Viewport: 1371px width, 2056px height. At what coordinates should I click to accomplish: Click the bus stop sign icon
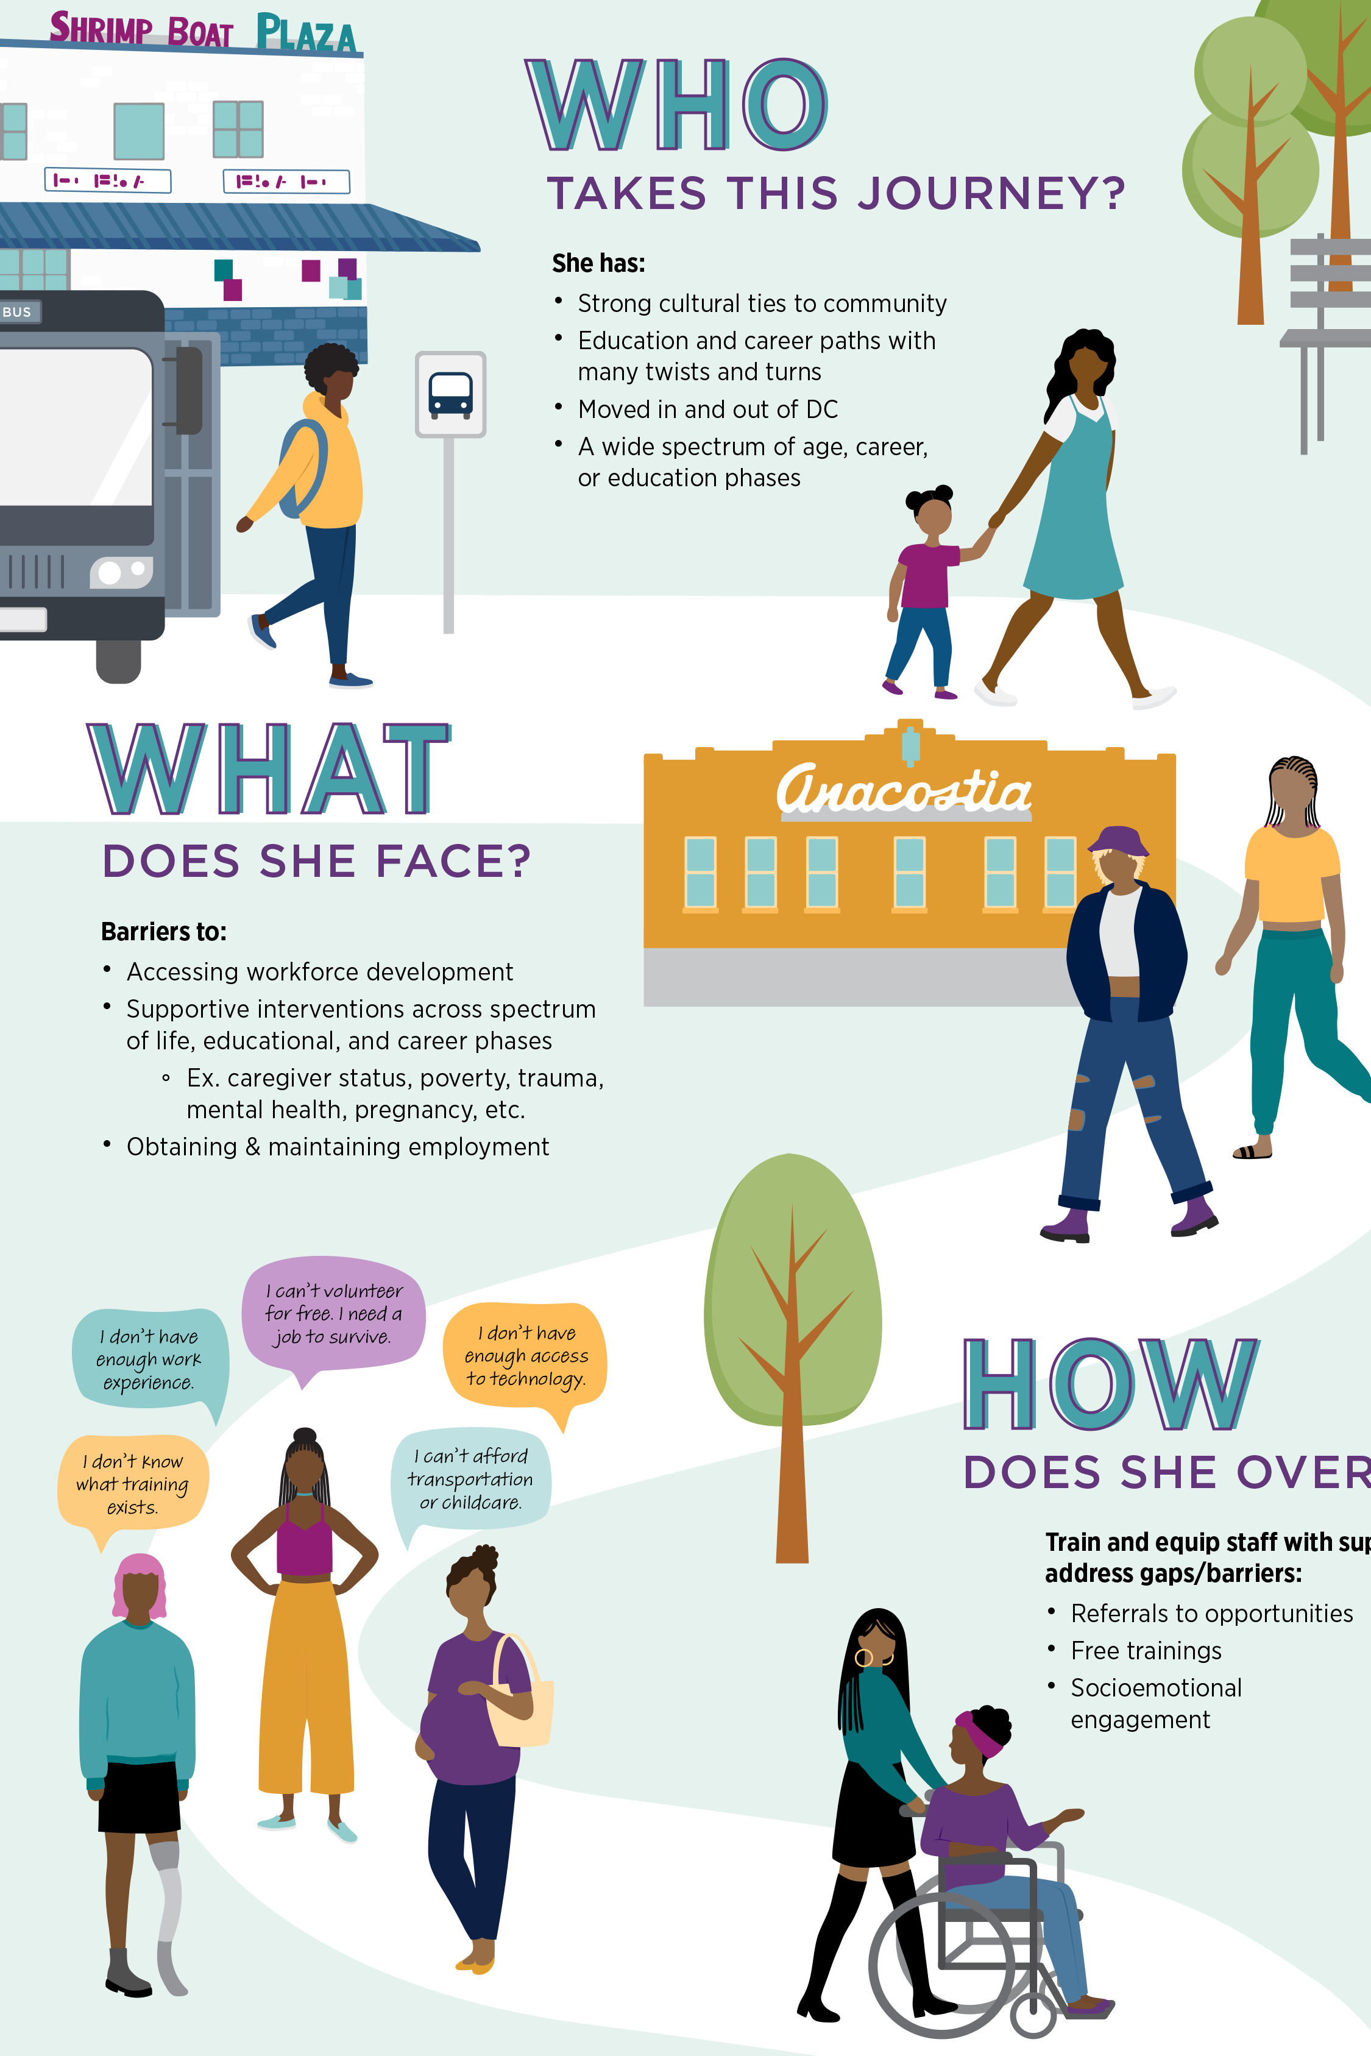click(450, 394)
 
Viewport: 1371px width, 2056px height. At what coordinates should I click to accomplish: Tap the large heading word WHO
click(676, 105)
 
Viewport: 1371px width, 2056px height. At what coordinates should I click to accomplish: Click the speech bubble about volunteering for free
click(333, 1313)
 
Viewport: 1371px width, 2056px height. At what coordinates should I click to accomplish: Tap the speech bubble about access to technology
click(525, 1355)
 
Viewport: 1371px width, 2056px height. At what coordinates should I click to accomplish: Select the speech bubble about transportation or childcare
click(471, 1478)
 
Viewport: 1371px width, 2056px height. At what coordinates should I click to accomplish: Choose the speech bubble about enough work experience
click(149, 1358)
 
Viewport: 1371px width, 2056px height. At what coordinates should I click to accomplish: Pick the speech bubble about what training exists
click(133, 1483)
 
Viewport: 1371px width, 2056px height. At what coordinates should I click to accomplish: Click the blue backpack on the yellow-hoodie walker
click(302, 467)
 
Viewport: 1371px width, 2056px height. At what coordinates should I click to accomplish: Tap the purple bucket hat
click(1118, 840)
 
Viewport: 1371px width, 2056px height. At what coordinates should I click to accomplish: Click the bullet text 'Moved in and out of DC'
click(707, 409)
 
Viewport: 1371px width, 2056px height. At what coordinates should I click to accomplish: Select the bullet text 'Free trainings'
click(1146, 1650)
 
